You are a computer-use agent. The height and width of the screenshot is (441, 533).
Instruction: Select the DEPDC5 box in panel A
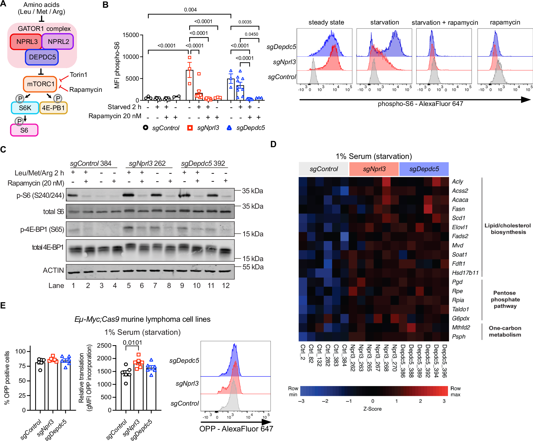[x=42, y=57]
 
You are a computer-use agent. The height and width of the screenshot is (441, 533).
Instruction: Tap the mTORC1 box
[x=40, y=84]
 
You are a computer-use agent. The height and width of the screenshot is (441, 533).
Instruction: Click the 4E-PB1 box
[x=53, y=108]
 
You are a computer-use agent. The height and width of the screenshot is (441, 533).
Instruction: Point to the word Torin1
[x=78, y=75]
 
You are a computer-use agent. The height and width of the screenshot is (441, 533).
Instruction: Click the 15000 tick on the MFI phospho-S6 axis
[x=130, y=35]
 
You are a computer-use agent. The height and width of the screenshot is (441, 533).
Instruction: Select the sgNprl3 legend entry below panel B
[x=208, y=128]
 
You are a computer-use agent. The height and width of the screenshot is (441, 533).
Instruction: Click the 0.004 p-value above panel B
[x=190, y=10]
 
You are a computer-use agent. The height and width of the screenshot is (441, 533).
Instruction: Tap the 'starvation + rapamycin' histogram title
[x=445, y=23]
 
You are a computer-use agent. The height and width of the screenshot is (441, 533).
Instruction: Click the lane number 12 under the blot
[x=225, y=286]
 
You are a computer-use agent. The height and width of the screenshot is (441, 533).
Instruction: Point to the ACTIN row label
[x=53, y=270]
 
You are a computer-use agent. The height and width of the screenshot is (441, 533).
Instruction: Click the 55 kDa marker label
[x=253, y=267]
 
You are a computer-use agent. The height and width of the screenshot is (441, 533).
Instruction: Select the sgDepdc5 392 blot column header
[x=203, y=163]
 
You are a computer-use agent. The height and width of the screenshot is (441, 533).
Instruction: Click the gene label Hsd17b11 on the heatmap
[x=465, y=273]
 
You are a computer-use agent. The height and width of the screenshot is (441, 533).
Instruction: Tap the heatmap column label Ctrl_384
[x=344, y=355]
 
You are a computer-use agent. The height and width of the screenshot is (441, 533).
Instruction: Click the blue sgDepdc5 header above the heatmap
[x=424, y=169]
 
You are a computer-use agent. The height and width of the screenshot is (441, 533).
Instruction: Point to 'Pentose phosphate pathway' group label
[x=505, y=299]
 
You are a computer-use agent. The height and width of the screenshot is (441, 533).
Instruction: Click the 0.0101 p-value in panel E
[x=132, y=343]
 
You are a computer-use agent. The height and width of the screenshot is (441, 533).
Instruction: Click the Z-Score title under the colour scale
[x=372, y=409]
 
